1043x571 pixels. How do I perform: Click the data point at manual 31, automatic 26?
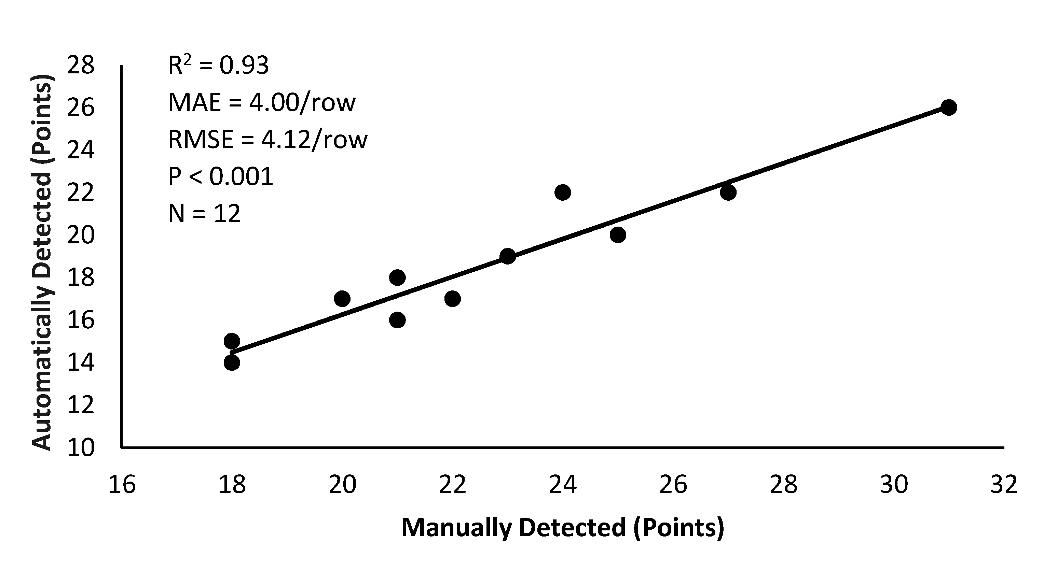949,108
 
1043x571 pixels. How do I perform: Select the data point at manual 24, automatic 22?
562,192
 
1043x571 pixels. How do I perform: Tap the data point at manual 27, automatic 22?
728,192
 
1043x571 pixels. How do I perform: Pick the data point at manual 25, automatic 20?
617,235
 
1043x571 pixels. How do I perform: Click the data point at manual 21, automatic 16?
397,320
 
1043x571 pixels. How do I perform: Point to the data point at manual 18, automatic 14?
232,363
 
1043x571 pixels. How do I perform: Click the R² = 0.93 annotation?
218,65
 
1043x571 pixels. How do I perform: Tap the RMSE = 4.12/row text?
267,140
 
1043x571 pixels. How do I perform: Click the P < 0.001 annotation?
221,177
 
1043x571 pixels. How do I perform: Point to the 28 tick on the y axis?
81,65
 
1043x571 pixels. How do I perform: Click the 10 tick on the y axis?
81,448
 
